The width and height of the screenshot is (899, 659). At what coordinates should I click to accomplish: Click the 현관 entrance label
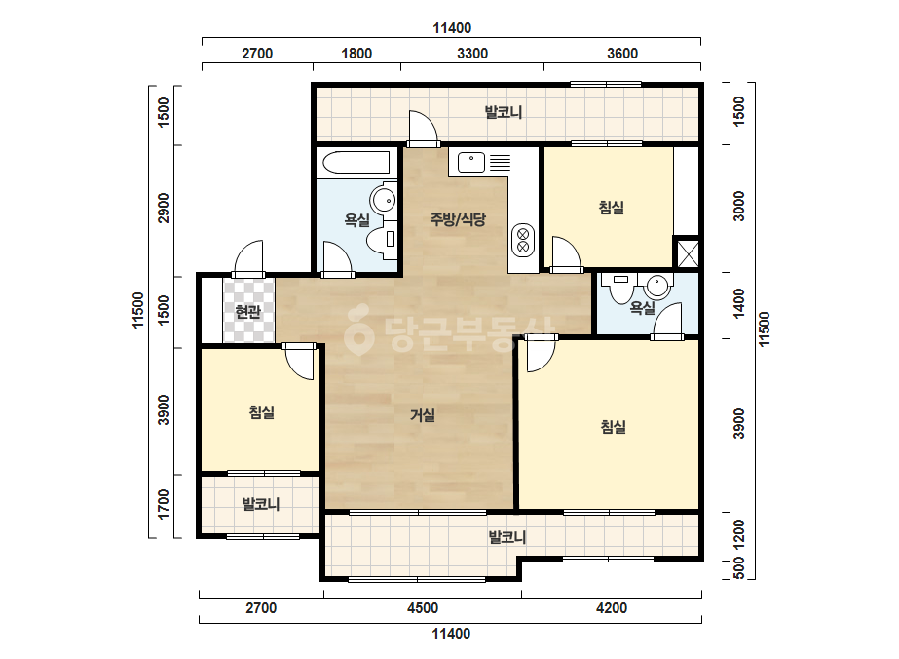point(248,312)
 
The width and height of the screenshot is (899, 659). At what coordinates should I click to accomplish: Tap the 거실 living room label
point(423,415)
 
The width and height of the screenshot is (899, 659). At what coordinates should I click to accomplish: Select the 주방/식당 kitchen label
point(458,218)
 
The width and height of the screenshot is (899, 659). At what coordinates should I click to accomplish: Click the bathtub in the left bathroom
point(356,163)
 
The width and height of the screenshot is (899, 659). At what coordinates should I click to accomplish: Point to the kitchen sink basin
point(471,163)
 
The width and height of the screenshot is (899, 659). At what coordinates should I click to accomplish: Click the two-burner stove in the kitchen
point(523,240)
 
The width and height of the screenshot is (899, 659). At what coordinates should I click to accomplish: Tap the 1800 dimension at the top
point(356,54)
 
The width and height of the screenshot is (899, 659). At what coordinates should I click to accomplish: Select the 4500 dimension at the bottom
point(423,608)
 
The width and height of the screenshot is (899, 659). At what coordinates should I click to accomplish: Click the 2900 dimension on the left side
point(164,209)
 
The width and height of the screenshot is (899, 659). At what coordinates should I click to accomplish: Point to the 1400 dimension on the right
point(739,303)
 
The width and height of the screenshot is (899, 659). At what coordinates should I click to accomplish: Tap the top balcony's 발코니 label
point(504,112)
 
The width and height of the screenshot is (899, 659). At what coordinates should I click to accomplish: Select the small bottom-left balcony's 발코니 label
point(261,504)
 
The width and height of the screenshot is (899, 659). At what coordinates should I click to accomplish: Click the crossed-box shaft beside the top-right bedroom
point(688,253)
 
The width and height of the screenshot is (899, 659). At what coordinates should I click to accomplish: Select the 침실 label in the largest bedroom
point(613,427)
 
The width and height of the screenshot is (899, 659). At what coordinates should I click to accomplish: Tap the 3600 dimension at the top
point(622,54)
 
